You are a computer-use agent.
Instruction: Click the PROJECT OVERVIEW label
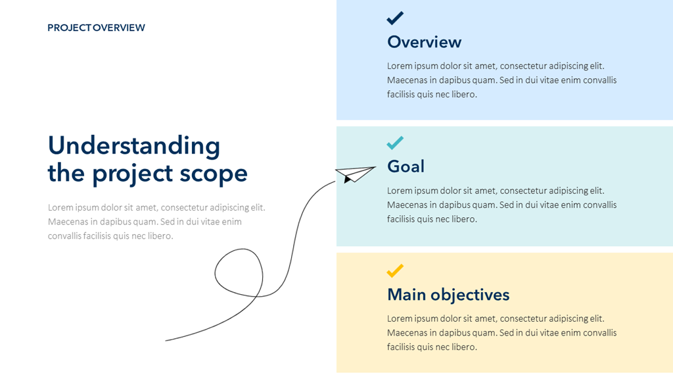(x=96, y=28)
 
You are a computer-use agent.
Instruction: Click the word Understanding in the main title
(x=134, y=146)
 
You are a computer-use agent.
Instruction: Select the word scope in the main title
(x=214, y=174)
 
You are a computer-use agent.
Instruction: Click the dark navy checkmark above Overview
(x=395, y=18)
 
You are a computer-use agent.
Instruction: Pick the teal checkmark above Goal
(x=395, y=143)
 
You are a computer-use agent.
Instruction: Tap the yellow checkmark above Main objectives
(x=395, y=270)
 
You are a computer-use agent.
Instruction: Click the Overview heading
(x=424, y=42)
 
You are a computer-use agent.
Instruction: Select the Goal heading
(x=406, y=166)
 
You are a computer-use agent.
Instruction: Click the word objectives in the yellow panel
(x=470, y=295)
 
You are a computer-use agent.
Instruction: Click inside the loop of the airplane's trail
(x=239, y=272)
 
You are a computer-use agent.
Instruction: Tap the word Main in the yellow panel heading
(x=406, y=295)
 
